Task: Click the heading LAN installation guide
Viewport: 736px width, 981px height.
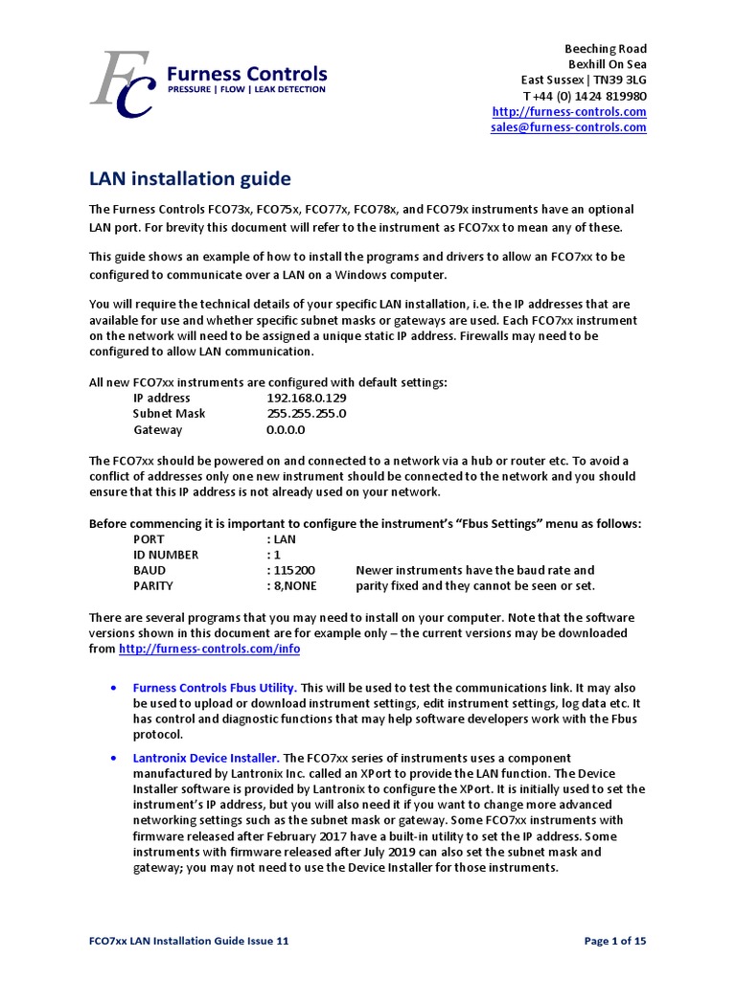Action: [190, 179]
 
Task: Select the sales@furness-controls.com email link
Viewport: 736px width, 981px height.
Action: [568, 127]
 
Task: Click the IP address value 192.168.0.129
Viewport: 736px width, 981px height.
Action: [307, 398]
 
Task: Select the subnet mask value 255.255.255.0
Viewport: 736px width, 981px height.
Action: [306, 414]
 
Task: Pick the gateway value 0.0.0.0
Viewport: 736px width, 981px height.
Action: [285, 430]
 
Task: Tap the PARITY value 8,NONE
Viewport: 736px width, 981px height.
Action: [295, 585]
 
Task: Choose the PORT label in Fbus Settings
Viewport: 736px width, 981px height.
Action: [149, 539]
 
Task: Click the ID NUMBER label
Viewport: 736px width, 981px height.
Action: [166, 555]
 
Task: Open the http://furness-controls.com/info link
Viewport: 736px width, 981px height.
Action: [209, 649]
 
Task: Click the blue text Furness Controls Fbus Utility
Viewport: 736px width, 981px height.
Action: [215, 688]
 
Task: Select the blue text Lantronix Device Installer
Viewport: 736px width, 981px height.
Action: [206, 758]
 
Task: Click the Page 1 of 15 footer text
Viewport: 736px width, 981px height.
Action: [615, 941]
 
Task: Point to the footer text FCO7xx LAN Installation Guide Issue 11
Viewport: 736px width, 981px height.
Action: [189, 941]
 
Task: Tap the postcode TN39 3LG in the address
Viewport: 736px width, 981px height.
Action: [622, 80]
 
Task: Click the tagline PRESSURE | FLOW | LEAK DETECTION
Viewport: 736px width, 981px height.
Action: [246, 90]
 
